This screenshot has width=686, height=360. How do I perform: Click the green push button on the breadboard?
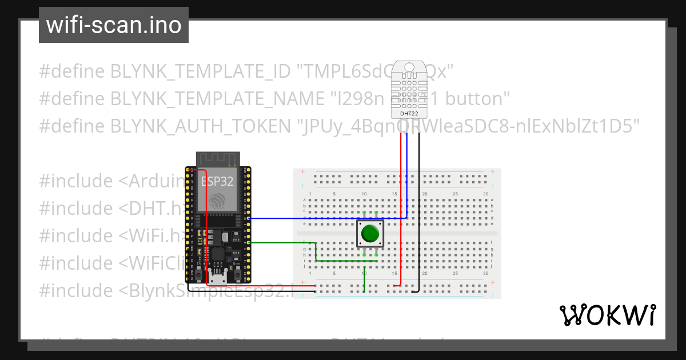pos(370,234)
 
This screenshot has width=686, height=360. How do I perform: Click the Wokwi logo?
pos(607,315)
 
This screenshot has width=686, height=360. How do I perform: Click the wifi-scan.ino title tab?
pos(114,25)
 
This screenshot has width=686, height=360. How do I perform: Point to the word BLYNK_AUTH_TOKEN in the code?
pos(200,126)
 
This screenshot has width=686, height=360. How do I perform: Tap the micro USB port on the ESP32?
pos(218,278)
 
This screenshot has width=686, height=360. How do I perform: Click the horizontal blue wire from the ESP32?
pos(326,218)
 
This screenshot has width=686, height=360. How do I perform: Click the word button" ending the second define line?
pos(477,99)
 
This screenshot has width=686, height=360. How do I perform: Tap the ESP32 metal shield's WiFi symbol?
pos(218,201)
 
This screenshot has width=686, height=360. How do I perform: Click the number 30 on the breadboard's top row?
pos(485,194)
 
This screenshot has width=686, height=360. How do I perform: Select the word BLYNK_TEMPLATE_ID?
pos(201,71)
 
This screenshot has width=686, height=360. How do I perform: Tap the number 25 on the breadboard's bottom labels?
pos(455,274)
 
